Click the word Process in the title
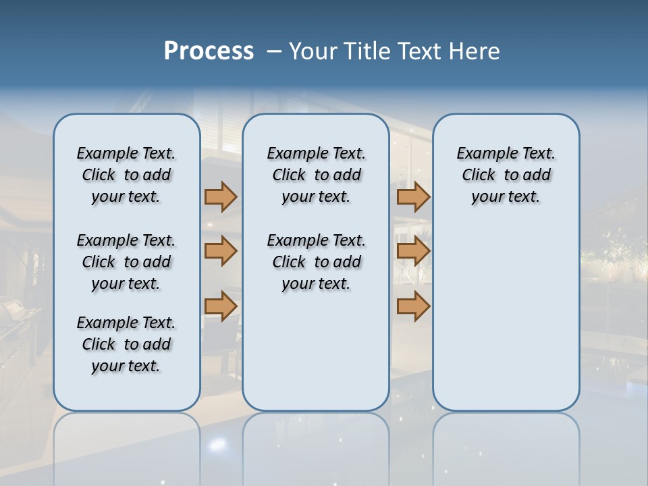209,51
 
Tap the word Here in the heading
475,51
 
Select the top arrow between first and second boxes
221,196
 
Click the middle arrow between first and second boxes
221,251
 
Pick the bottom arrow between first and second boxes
221,306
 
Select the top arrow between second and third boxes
413,196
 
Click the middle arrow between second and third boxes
413,251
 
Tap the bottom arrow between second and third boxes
413,306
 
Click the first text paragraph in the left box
126,175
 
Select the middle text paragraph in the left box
126,262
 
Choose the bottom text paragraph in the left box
126,344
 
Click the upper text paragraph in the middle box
316,175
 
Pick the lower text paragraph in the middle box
316,262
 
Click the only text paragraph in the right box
506,175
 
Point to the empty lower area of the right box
506,317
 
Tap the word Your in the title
313,51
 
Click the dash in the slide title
274,51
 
